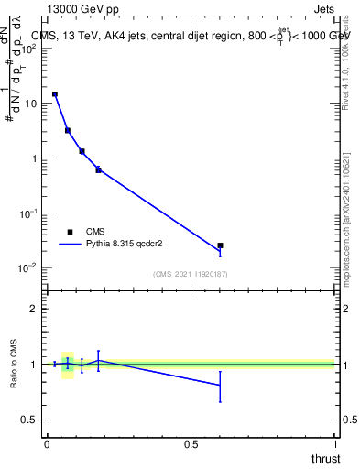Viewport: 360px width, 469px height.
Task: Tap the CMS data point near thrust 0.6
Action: click(220, 245)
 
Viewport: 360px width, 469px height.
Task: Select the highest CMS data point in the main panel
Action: click(55, 94)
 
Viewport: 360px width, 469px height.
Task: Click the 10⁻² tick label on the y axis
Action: click(28, 267)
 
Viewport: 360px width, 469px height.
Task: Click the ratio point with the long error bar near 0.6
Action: click(220, 386)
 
